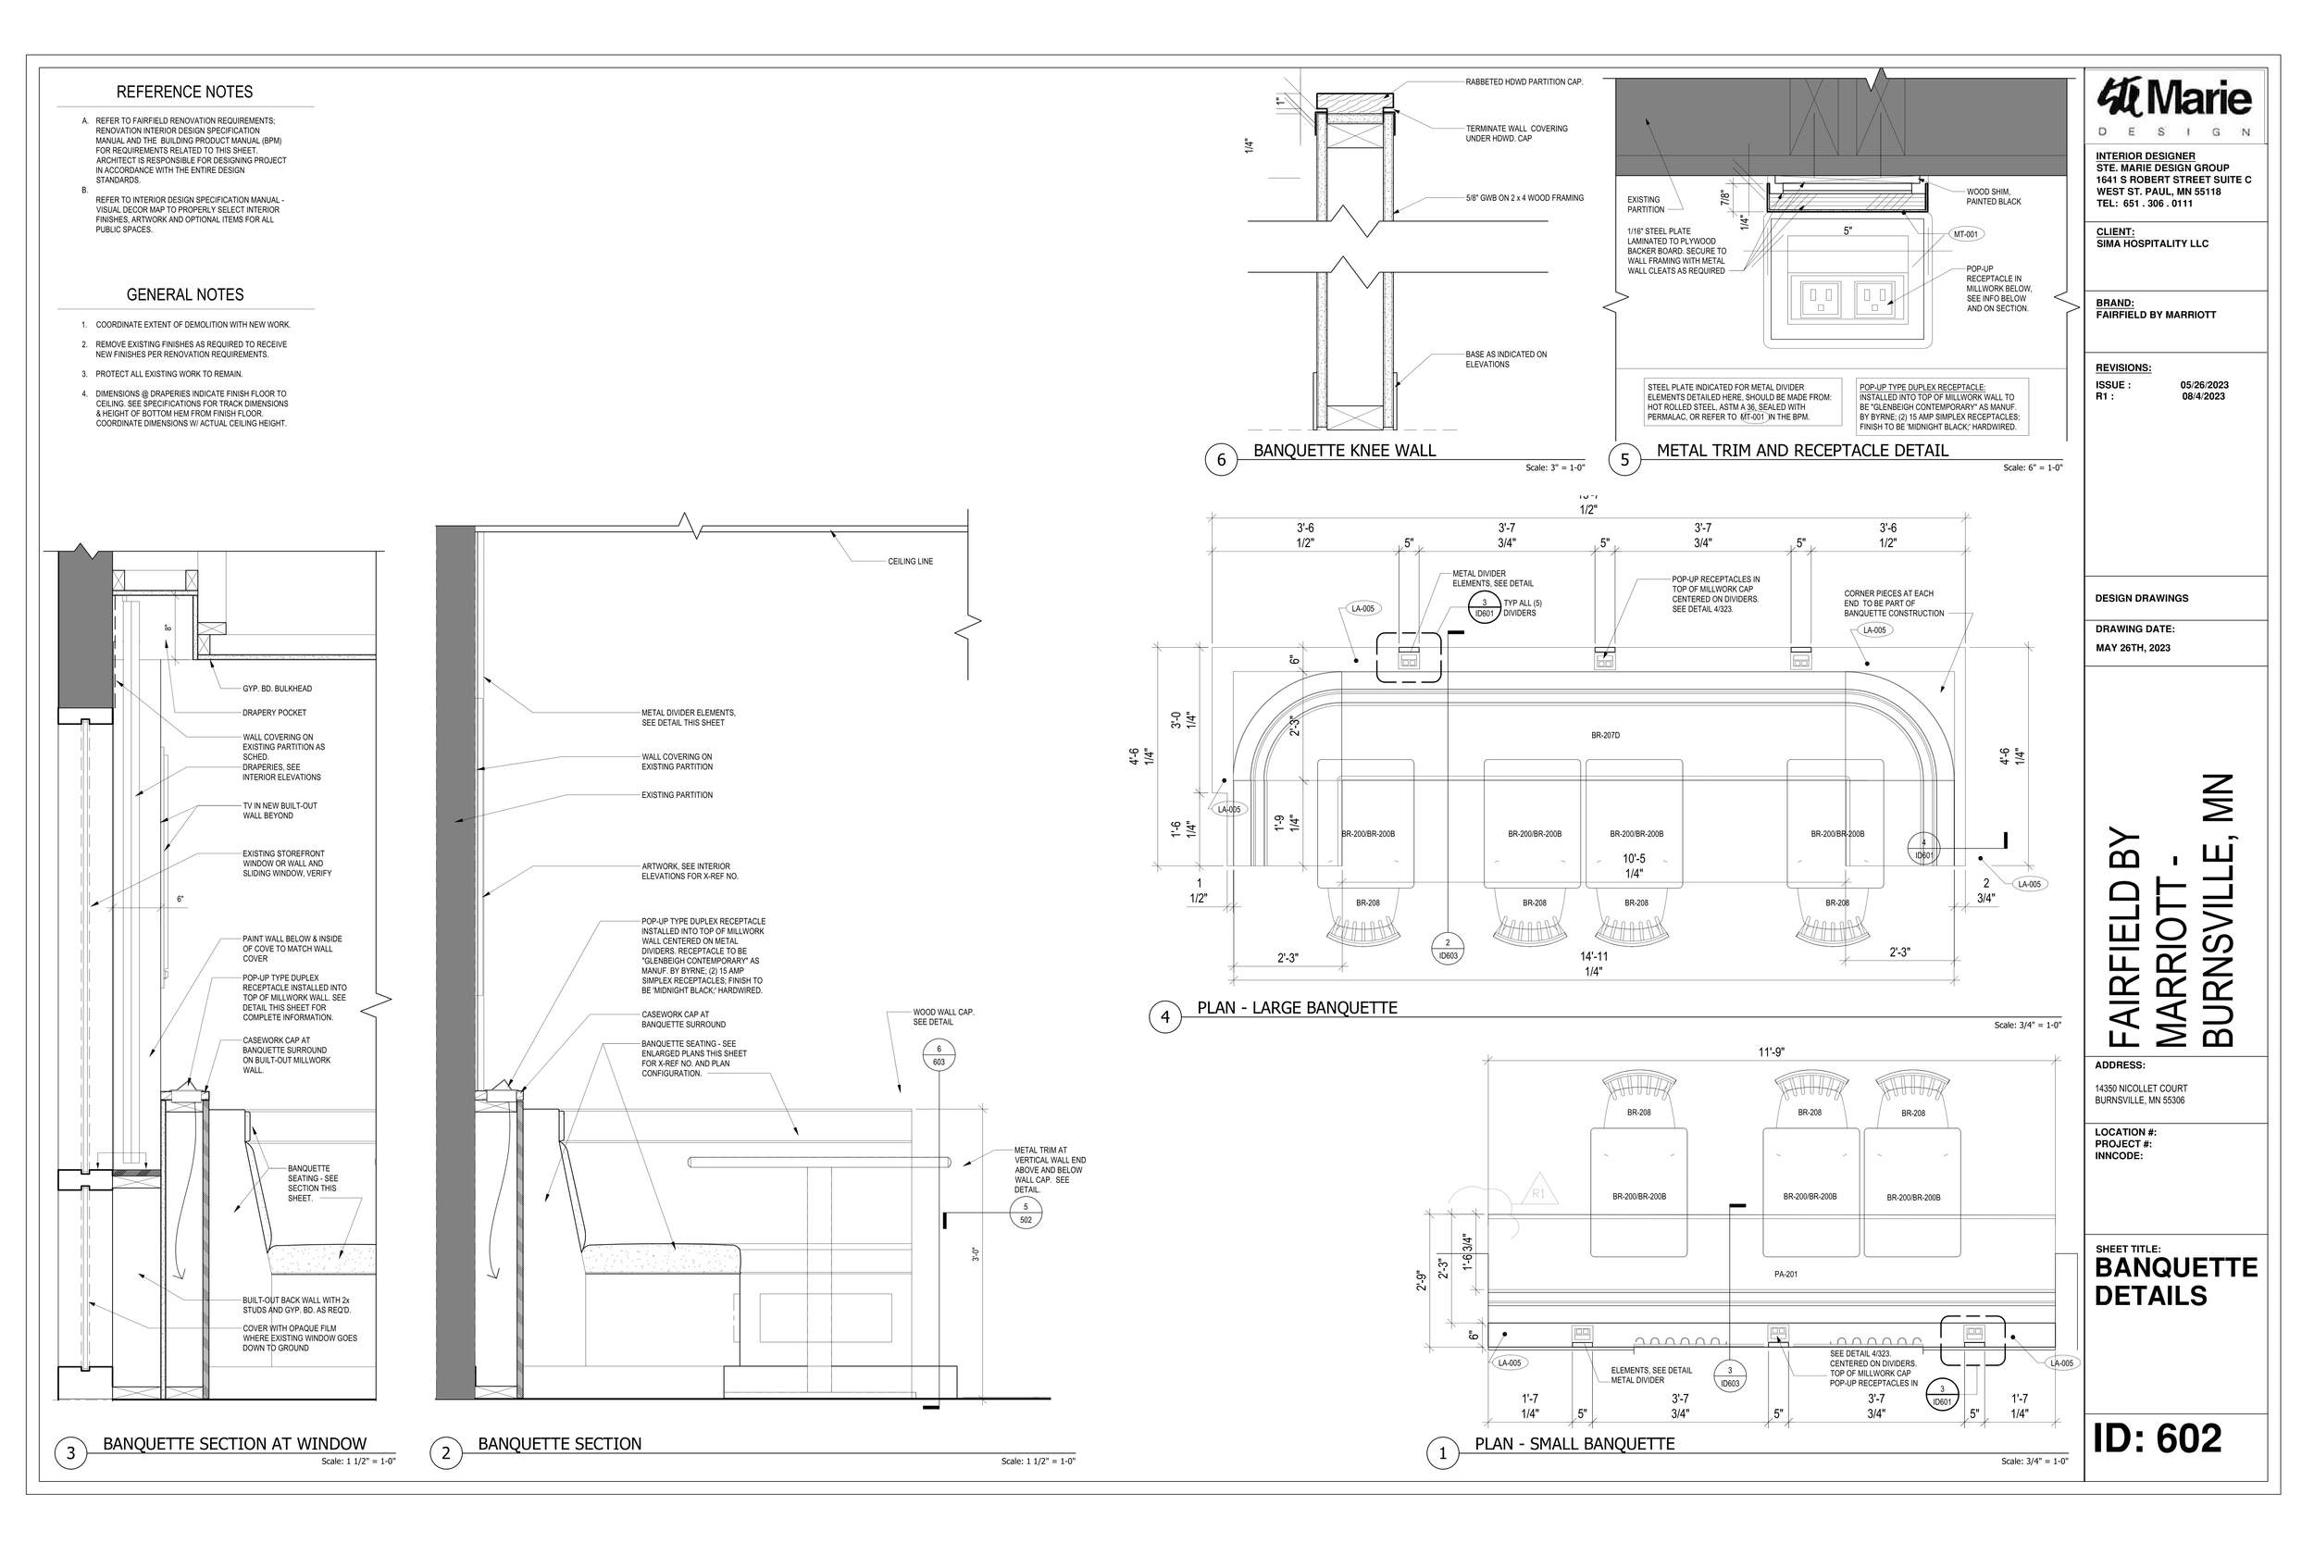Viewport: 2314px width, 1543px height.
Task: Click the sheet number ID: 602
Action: coord(2158,1438)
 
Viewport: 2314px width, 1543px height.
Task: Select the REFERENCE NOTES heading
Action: coord(184,92)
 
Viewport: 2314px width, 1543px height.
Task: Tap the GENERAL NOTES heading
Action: coord(184,294)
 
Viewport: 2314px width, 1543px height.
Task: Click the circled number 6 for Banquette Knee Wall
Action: coord(1221,459)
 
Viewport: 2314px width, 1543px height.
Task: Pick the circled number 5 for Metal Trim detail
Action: coord(1624,459)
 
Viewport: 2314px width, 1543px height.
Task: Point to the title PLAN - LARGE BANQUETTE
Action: coord(1297,1008)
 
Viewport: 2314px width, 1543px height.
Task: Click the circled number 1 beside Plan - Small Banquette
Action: coord(1442,1453)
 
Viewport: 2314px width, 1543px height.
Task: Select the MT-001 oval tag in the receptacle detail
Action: coord(1966,234)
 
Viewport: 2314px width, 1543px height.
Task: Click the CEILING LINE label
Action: coord(910,562)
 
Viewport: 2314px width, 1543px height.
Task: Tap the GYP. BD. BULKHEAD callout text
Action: coord(278,689)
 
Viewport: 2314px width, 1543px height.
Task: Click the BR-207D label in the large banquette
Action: coord(1605,735)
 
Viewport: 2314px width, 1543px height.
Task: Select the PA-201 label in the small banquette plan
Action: coord(1785,1275)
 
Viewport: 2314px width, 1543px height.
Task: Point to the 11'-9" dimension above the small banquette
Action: coord(1771,1051)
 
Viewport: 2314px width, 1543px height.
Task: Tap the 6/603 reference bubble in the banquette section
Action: coord(939,1056)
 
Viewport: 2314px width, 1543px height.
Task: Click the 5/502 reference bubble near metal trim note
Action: coord(1026,1213)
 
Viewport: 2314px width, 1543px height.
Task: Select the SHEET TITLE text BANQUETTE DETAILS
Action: coord(2175,1281)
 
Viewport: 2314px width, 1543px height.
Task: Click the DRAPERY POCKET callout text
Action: coord(275,713)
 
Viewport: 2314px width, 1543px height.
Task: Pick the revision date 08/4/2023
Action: coord(2204,396)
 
